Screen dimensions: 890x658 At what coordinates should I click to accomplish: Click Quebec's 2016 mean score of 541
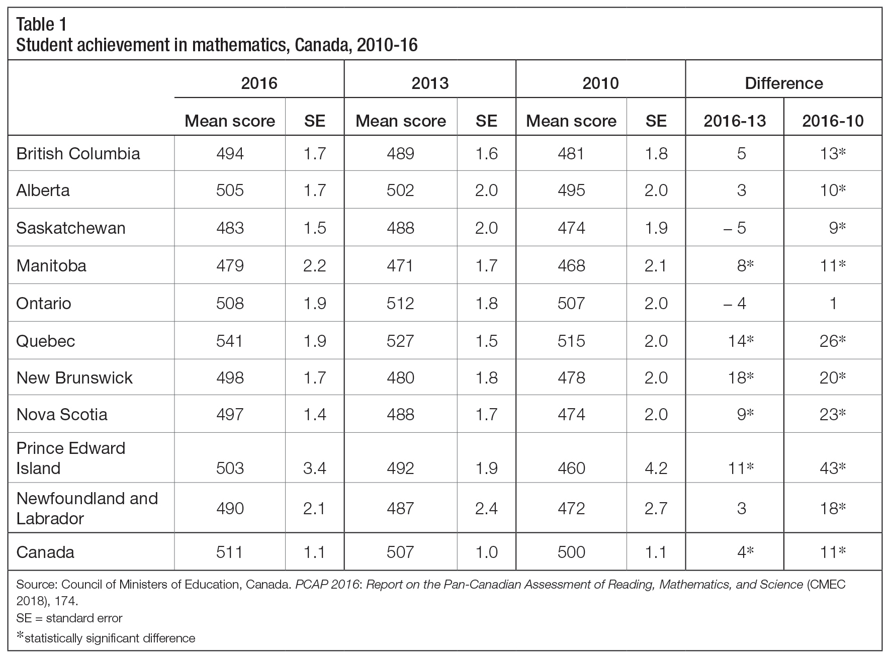pos(230,341)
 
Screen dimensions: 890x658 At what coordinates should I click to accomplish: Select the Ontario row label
pos(44,304)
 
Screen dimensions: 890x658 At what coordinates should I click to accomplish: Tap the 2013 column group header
pos(430,83)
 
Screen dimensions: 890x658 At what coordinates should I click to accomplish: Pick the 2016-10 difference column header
pos(833,121)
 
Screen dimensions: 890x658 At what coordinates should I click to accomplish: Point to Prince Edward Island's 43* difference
pos(833,468)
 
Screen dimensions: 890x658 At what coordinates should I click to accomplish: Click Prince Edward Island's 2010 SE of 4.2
pos(656,468)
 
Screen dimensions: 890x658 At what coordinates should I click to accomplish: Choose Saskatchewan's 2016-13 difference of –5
pos(735,228)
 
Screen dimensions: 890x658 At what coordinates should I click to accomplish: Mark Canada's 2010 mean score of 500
pos(571,552)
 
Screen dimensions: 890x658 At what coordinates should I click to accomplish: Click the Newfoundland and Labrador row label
pos(87,508)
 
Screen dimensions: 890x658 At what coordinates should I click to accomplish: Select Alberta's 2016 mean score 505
pos(230,191)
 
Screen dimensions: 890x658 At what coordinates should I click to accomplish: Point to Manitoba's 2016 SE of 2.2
pos(315,266)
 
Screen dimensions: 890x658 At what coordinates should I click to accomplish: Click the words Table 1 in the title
pos(41,24)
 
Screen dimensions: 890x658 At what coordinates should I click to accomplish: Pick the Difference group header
pos(784,83)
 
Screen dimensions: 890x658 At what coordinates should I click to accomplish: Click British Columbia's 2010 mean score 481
pos(571,154)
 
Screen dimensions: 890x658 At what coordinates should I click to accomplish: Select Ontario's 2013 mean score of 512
pos(401,304)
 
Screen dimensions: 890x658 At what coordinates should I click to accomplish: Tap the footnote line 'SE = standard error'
pos(69,618)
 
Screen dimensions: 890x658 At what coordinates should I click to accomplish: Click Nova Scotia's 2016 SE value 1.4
pos(315,415)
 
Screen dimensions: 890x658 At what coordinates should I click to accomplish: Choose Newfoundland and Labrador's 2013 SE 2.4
pos(486,509)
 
